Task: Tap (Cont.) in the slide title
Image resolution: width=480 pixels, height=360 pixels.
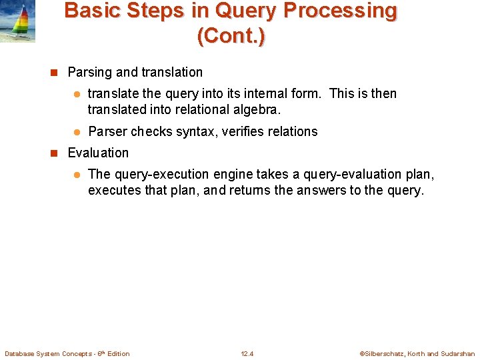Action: coord(231,35)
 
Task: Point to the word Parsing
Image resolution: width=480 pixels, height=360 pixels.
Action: coord(89,73)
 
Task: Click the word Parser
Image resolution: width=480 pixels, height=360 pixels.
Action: coord(107,132)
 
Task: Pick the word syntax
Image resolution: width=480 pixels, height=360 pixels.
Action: coord(195,132)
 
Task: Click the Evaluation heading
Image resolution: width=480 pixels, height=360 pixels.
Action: coord(98,153)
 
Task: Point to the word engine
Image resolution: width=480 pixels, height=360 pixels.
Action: coord(234,175)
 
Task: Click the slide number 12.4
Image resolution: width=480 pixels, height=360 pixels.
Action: coord(247,353)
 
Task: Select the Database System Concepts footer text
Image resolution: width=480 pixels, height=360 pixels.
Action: coord(67,353)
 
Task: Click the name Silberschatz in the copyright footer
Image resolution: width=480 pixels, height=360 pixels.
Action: coord(390,353)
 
